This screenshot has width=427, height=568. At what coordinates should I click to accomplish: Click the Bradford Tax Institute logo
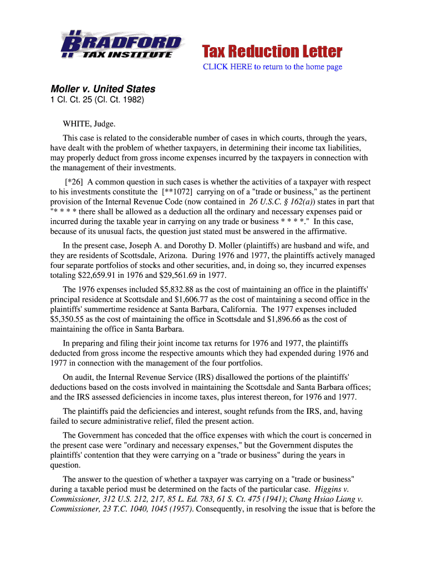coord(121,44)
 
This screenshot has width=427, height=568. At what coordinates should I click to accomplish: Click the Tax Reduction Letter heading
coord(271,52)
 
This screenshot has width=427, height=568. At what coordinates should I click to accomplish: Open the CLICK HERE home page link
coord(272,67)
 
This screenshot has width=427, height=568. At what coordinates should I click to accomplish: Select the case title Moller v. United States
coord(103,89)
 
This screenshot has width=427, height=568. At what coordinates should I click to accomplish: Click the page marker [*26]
coord(75,182)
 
